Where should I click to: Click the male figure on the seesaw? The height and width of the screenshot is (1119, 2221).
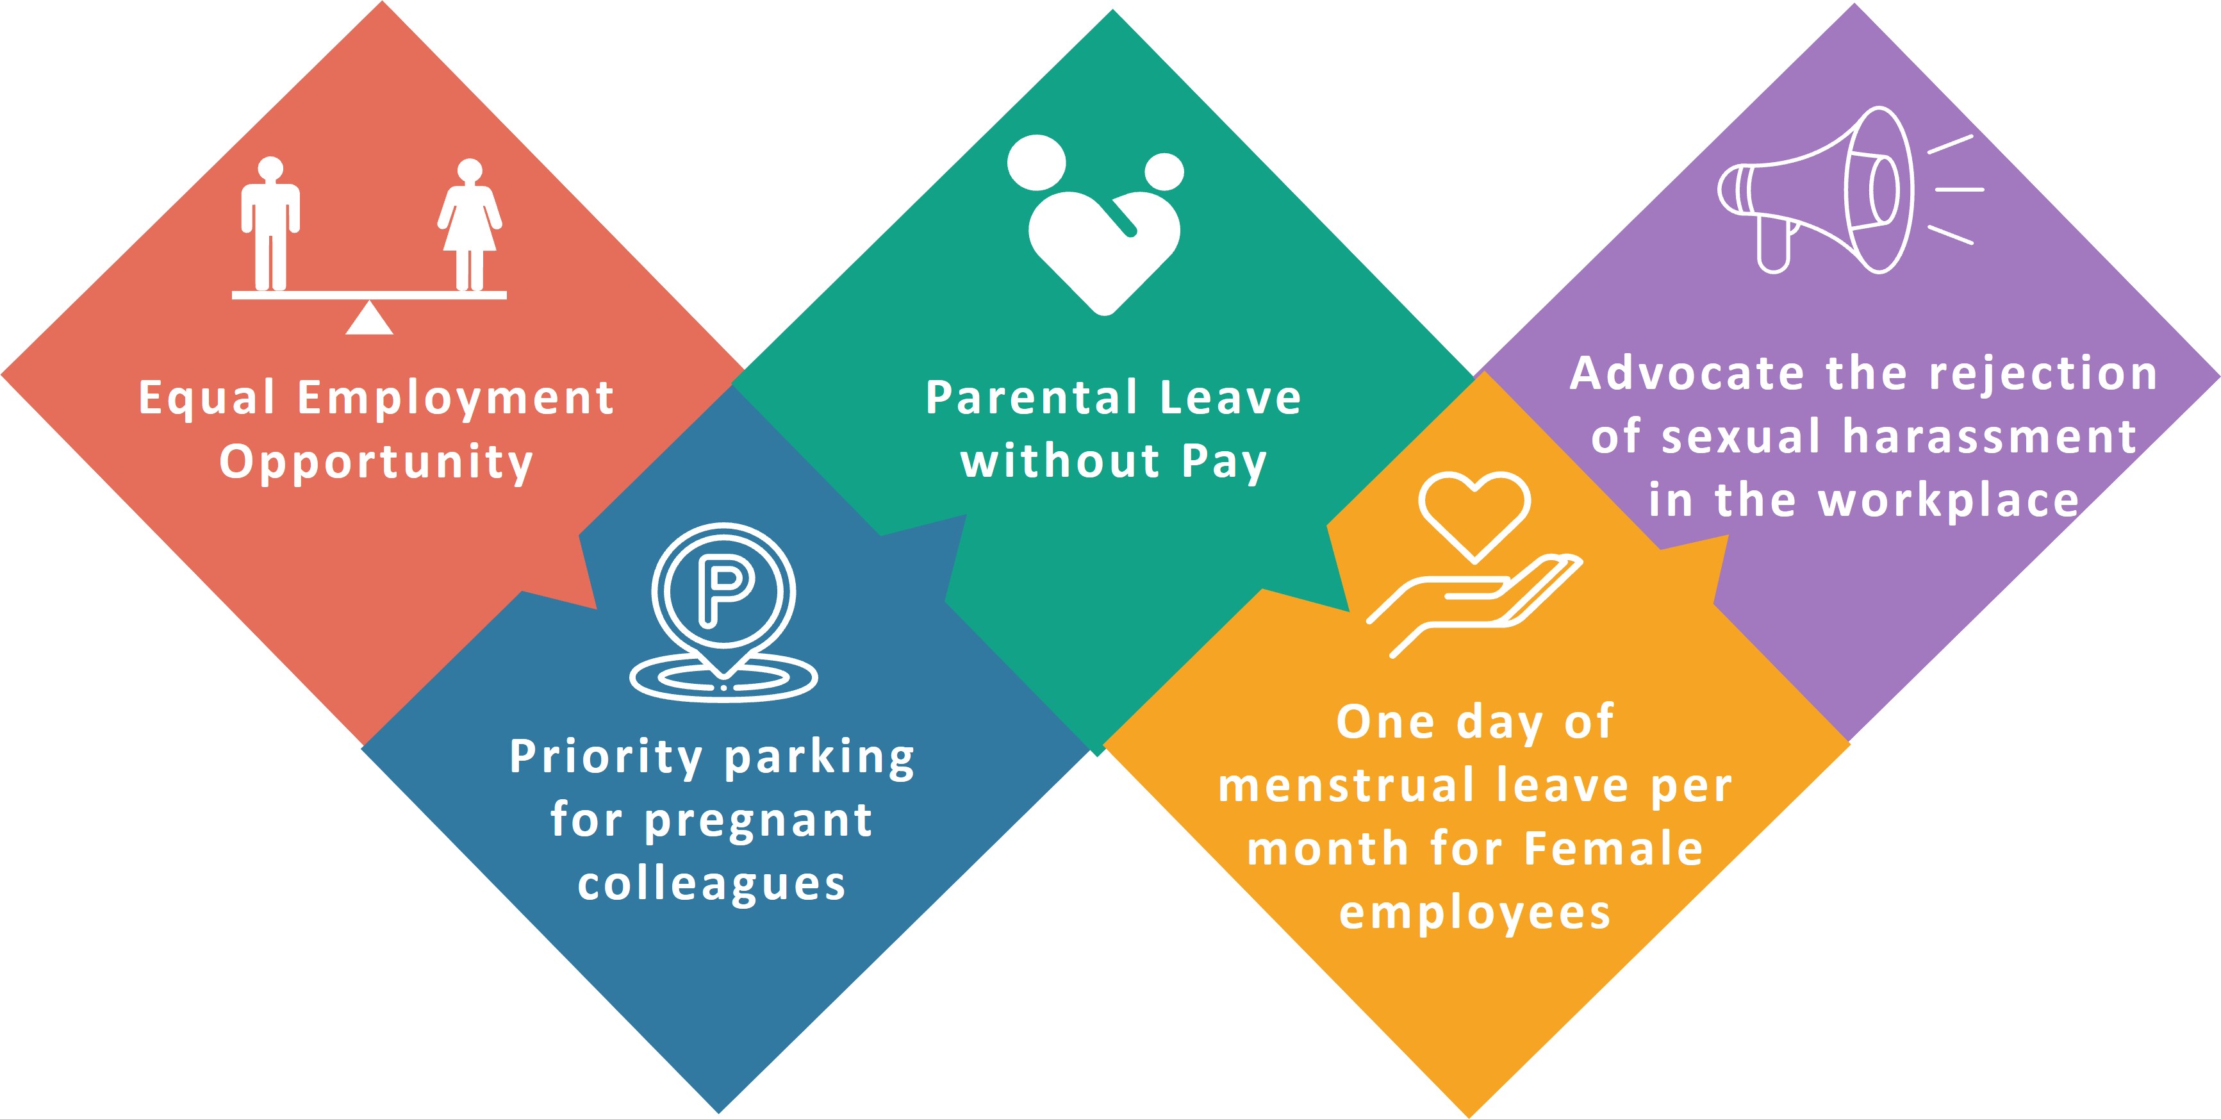tap(270, 224)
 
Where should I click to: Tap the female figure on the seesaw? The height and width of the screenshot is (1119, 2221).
tap(469, 224)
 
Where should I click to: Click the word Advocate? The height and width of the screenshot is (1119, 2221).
tap(1687, 374)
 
